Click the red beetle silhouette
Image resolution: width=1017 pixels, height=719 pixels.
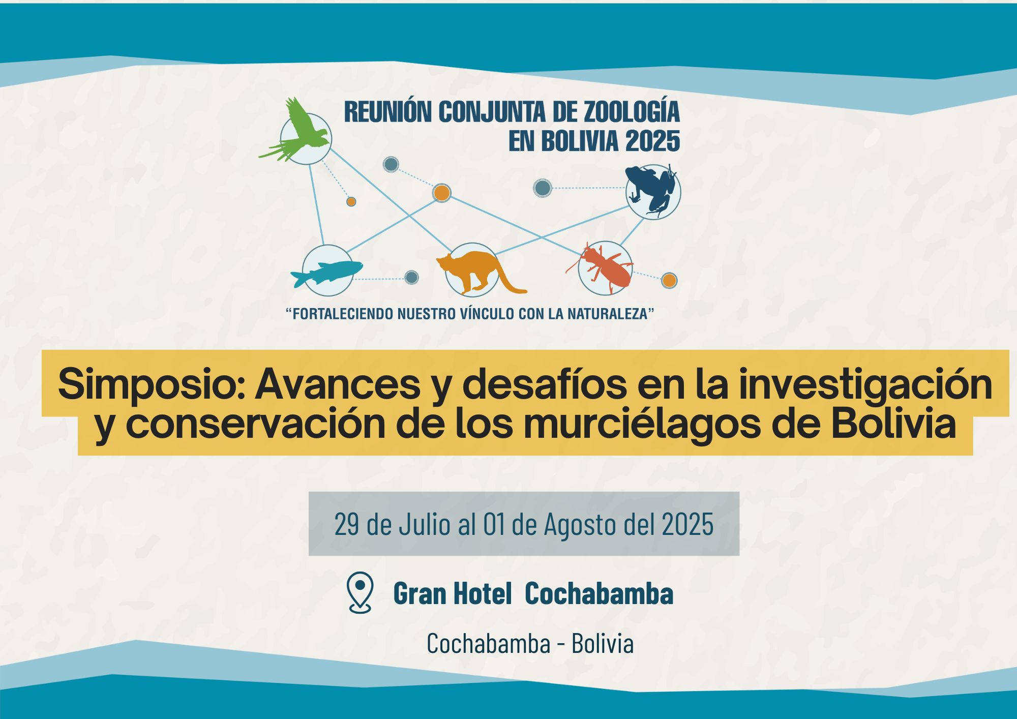pos(603,267)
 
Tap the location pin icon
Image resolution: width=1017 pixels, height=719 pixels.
pos(360,592)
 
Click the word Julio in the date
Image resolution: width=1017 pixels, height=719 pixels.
pos(425,524)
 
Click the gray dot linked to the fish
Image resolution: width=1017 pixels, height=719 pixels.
pos(411,277)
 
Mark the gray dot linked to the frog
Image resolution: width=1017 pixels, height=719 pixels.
pos(543,188)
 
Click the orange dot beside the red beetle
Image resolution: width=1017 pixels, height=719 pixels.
pos(669,280)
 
